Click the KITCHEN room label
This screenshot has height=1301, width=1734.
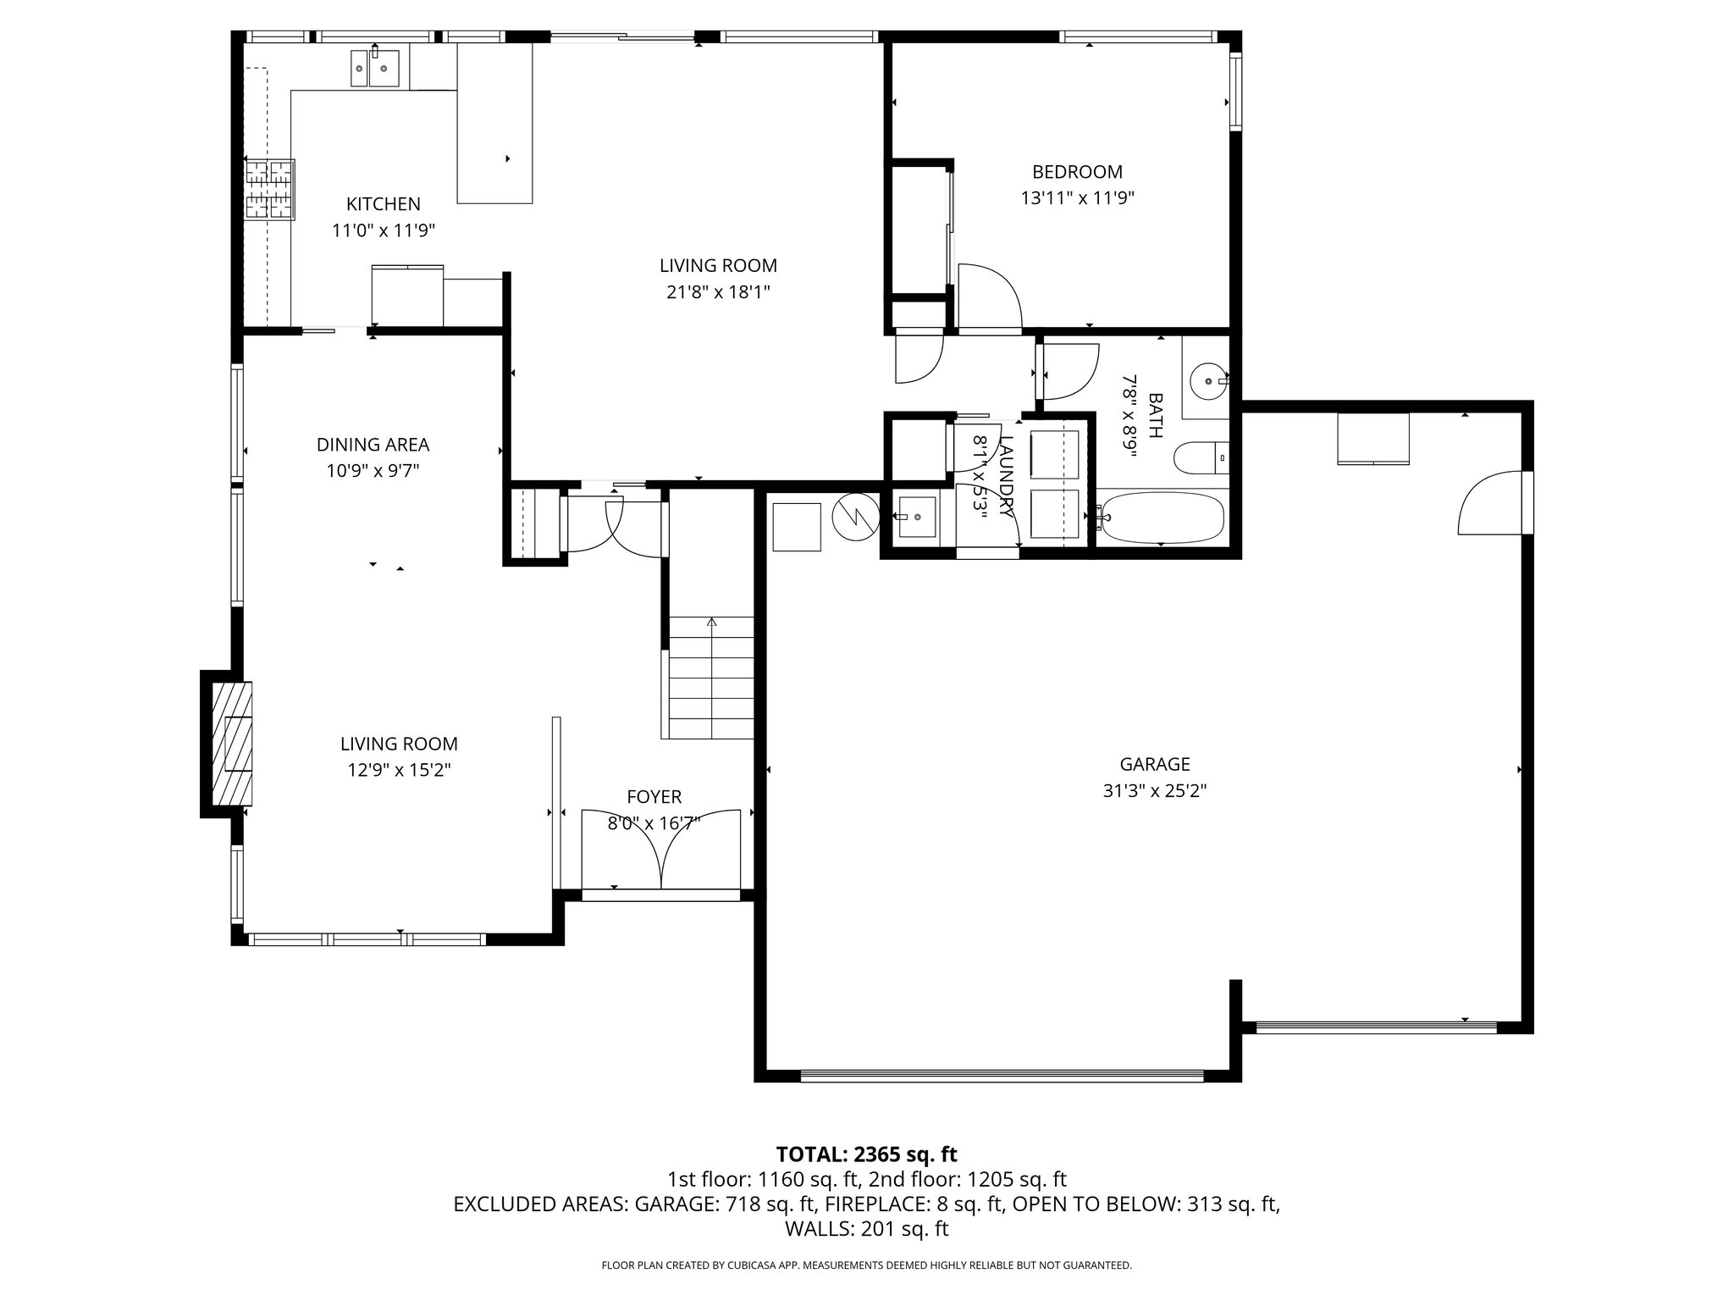click(x=383, y=204)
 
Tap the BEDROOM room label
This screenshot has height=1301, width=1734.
click(x=1077, y=172)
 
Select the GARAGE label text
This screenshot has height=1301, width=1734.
click(x=1155, y=764)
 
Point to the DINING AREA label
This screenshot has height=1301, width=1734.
click(x=373, y=445)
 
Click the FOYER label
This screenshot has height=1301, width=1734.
click(x=654, y=796)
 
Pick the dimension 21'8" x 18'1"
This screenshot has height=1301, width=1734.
click(x=718, y=292)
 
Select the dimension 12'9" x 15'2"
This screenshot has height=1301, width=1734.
click(x=399, y=770)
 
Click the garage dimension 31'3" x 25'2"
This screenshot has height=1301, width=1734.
click(x=1155, y=791)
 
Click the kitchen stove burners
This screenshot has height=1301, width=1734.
click(x=270, y=189)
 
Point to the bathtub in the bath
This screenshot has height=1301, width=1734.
click(x=1161, y=518)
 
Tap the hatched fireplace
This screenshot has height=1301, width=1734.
click(x=231, y=744)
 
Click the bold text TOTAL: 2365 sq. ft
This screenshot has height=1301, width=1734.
click(x=866, y=1154)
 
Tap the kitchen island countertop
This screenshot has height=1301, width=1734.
click(x=495, y=124)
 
